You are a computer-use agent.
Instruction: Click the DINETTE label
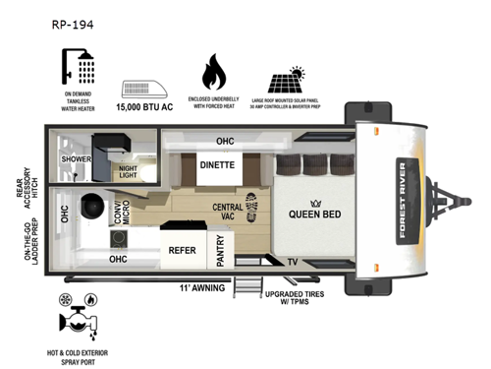coord(217,165)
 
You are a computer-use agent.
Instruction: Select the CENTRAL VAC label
coord(227,213)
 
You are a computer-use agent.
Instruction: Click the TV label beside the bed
coord(293,262)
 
